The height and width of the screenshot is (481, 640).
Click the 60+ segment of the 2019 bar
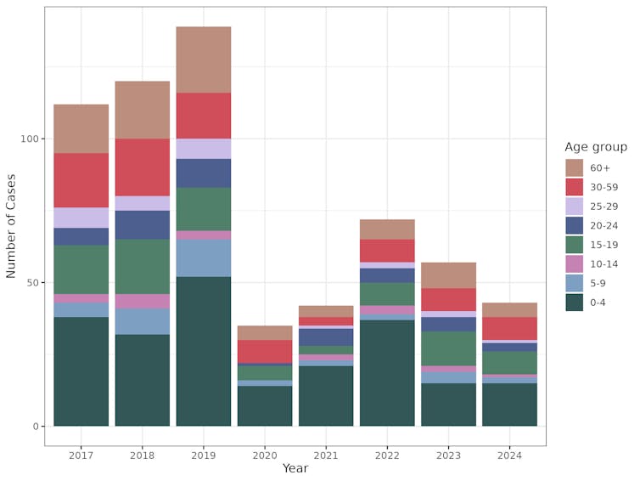pos(203,59)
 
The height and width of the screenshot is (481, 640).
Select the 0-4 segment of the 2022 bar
pos(386,372)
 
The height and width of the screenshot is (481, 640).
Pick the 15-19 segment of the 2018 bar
pos(142,266)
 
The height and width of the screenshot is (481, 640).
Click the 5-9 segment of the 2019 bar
pos(203,257)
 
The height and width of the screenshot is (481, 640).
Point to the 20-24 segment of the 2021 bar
pos(325,337)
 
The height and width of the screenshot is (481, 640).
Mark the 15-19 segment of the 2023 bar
pos(448,348)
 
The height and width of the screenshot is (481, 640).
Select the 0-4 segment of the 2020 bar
pos(264,405)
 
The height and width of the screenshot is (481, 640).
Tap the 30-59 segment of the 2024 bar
pos(509,328)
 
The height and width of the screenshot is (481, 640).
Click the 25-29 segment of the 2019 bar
pos(203,148)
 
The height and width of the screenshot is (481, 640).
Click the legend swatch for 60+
pos(575,167)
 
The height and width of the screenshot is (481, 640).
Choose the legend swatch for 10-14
pos(575,263)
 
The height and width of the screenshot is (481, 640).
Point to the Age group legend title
pos(596,147)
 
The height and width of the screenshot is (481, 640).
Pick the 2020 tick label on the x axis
pos(264,456)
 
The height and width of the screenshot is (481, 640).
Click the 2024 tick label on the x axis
pos(509,456)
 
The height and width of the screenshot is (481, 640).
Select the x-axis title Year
pos(295,469)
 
